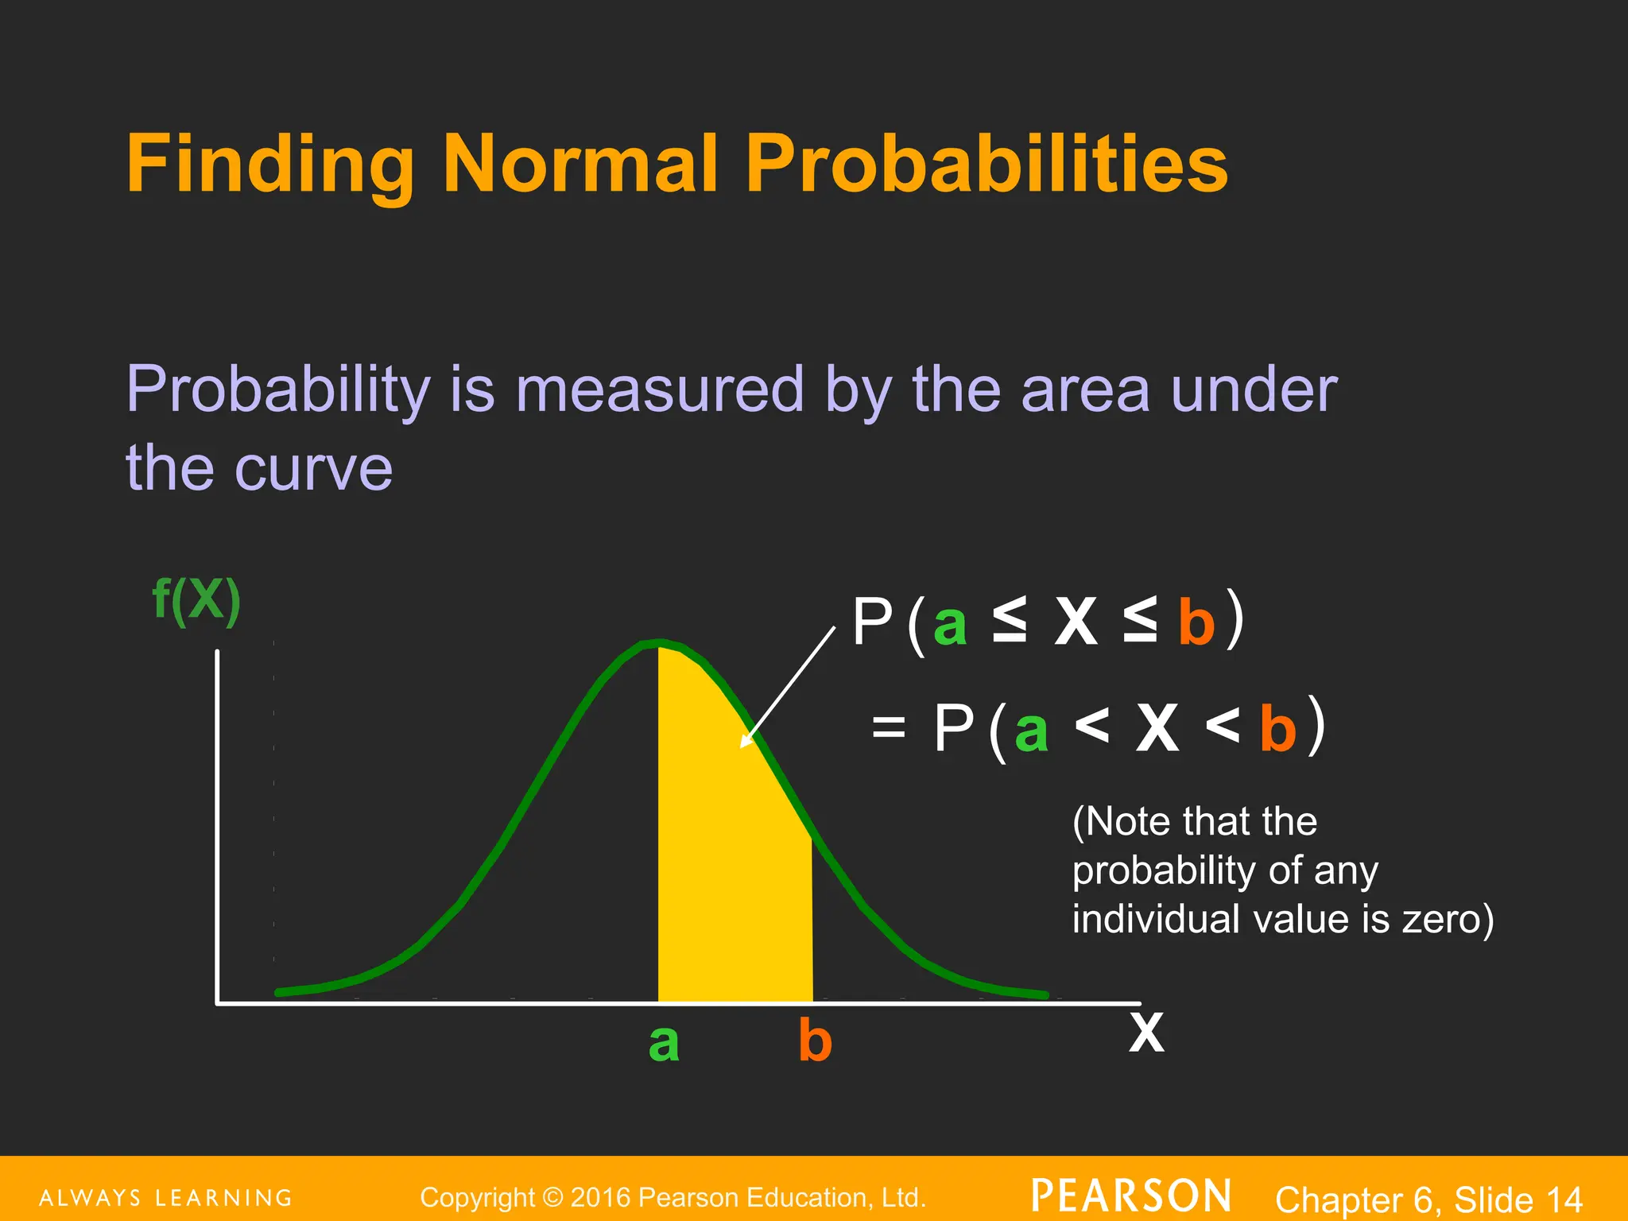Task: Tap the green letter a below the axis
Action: click(x=664, y=1042)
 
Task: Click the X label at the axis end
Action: click(x=1145, y=1033)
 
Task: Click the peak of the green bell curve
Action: click(x=659, y=642)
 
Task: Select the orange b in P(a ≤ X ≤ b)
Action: click(x=1196, y=623)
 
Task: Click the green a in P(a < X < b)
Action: click(x=1031, y=731)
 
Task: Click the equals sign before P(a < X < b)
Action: click(x=888, y=726)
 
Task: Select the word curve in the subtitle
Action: click(x=313, y=468)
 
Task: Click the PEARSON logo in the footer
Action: click(x=1131, y=1196)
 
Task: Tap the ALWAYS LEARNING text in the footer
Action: click(x=166, y=1198)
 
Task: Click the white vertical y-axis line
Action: click(x=217, y=827)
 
